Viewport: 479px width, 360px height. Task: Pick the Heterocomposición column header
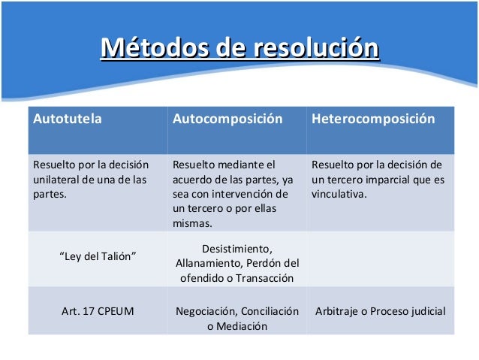click(x=373, y=119)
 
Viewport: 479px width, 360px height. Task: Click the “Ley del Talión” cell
click(x=98, y=257)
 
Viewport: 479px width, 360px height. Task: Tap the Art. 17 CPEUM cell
click(x=98, y=310)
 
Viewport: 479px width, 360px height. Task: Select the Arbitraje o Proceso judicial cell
click(x=380, y=310)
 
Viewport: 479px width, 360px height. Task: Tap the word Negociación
click(x=206, y=311)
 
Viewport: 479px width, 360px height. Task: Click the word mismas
click(x=192, y=223)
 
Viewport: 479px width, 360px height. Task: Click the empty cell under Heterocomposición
click(x=380, y=259)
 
